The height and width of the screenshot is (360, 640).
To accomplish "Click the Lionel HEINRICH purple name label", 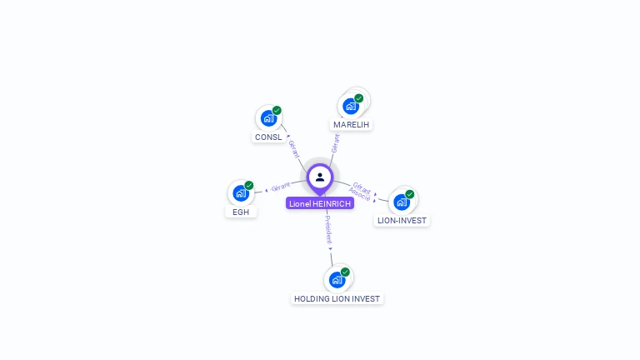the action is pos(320,203).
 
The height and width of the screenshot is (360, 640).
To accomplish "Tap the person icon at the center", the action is pos(320,177).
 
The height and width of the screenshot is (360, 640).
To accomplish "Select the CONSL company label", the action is pos(268,137).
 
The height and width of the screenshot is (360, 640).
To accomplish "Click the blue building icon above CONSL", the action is pos(268,118).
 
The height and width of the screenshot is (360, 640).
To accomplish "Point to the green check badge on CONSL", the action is pos(277,110).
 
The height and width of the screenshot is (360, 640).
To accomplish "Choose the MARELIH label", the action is pos(351,124).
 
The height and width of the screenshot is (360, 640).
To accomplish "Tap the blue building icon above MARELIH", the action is pos(351,106).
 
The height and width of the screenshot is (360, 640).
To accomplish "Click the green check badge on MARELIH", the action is pos(359,98).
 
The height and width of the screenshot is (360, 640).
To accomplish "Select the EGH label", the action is pos(241,212).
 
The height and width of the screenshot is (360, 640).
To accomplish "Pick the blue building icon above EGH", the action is pos(241,193).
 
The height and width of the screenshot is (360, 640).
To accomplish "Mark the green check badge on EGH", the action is pos(249,185).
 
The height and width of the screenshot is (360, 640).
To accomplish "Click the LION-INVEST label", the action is pos(402,220).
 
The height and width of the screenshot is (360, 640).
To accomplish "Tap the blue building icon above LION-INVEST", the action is pos(402,202).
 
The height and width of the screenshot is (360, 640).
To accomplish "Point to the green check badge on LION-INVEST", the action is pos(410,194).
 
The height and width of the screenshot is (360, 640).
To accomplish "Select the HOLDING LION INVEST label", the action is pos(337,299).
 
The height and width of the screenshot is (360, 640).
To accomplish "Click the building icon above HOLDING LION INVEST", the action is pos(337,280).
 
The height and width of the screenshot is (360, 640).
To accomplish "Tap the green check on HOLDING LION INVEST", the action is pos(345,272).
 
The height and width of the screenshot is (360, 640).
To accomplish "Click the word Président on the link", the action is pos(328,230).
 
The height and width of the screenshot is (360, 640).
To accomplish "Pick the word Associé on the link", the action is pos(360,194).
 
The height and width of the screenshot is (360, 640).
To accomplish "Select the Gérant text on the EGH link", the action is pos(280,187).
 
